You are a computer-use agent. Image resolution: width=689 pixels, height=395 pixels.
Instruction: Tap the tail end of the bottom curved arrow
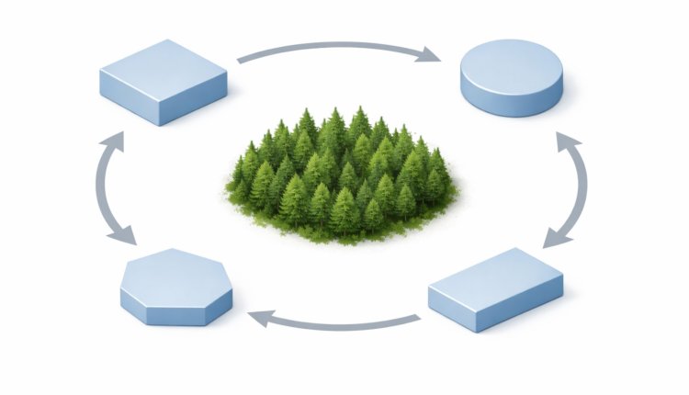pyautogui.click(x=417, y=319)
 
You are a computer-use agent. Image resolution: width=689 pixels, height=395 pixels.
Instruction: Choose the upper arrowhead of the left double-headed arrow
pyautogui.click(x=112, y=143)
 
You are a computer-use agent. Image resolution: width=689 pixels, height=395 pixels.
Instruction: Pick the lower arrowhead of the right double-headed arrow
pyautogui.click(x=556, y=237)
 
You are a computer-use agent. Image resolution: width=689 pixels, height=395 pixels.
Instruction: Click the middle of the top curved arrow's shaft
pyautogui.click(x=335, y=43)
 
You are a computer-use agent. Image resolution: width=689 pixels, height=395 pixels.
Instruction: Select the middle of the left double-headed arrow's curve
pyautogui.click(x=96, y=188)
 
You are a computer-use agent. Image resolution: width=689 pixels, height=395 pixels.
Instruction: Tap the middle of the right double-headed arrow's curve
pyautogui.click(x=583, y=188)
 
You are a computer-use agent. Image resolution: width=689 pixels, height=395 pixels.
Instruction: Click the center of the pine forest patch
pyautogui.click(x=342, y=175)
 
